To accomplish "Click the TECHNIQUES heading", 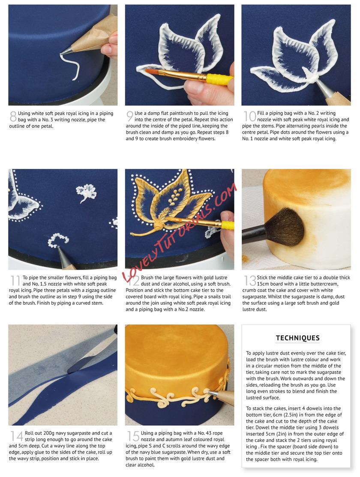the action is point(297,338).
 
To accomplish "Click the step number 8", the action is point(13,117).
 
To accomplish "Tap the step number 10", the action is point(249,116).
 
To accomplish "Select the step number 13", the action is point(250,280).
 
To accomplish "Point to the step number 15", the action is point(133,436).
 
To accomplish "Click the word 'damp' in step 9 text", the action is point(154,113).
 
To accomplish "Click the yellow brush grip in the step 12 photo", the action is point(228,225).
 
